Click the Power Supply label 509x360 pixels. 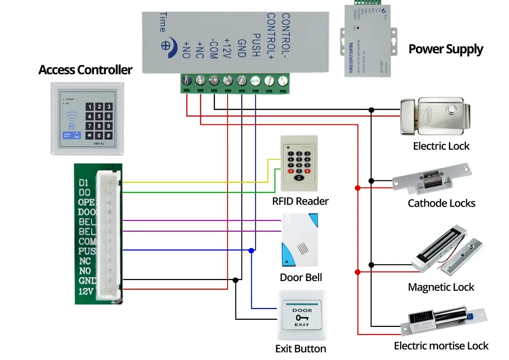tap(446, 49)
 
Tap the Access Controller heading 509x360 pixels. tap(86, 70)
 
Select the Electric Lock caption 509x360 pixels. tap(441, 146)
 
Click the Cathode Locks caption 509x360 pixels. tap(441, 203)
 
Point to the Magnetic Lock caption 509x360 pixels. tap(441, 287)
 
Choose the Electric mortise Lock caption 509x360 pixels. tap(441, 346)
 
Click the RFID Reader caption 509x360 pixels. tap(300, 201)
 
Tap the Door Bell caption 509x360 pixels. tap(301, 278)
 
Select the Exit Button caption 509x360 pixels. tap(300, 349)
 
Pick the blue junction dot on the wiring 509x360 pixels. tap(251, 251)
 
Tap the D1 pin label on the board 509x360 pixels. tap(84, 182)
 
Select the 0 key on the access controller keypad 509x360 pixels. tap(99, 135)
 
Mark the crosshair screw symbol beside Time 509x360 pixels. tap(165, 45)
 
